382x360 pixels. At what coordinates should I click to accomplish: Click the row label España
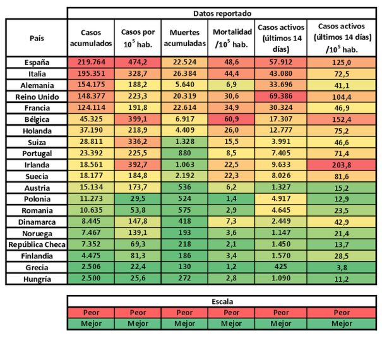[x=37, y=63]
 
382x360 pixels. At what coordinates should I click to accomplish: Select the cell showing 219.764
[x=91, y=63]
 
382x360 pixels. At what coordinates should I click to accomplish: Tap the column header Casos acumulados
[x=91, y=38]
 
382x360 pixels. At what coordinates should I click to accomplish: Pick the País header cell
[x=37, y=38]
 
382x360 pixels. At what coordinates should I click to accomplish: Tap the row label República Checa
[x=37, y=244]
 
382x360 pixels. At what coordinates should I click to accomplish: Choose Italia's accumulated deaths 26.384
[x=184, y=74]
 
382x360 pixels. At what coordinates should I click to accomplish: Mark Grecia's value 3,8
[x=342, y=267]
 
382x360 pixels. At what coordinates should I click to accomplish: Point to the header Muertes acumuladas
[x=184, y=38]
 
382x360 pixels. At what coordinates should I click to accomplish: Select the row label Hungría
[x=37, y=278]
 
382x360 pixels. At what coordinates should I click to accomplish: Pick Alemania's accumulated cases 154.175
[x=91, y=85]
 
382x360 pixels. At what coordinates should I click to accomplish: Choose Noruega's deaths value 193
[x=184, y=232]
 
